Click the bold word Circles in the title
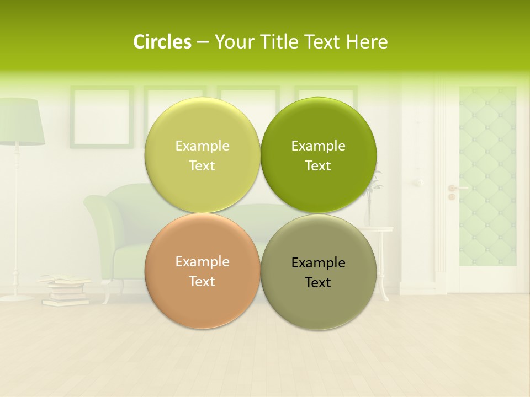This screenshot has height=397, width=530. pos(162,42)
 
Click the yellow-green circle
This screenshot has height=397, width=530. pos(202,154)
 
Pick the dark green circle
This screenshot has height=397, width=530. pos(319,154)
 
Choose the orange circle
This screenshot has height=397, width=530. pos(202,271)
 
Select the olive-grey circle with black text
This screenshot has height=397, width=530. pos(319,272)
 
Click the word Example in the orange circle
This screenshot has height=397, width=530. pos(202,262)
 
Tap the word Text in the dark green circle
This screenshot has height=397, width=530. pos(318,165)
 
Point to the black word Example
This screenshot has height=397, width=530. pos(318,263)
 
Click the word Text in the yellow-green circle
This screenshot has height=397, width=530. pos(202,165)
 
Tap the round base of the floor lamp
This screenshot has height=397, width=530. pos(17,297)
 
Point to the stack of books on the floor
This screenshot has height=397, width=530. pos(65,291)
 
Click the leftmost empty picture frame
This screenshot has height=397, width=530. pos(102,117)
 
